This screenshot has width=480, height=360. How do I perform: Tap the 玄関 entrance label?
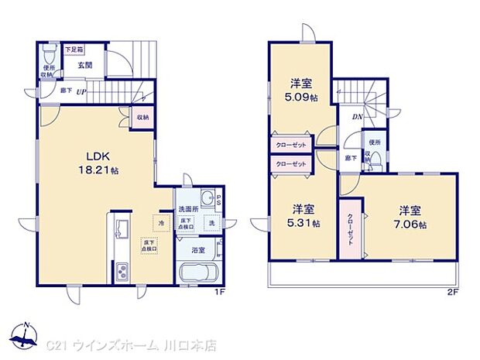[x=84, y=67]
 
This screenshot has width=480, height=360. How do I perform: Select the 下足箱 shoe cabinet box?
[x=74, y=50]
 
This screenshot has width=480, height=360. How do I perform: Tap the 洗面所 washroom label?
[x=189, y=209]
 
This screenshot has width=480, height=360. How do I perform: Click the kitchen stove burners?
[x=123, y=272]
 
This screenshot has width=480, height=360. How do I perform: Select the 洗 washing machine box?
[x=209, y=223]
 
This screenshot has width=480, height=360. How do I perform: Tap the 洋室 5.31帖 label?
[x=303, y=216]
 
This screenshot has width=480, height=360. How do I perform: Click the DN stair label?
[x=357, y=117]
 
